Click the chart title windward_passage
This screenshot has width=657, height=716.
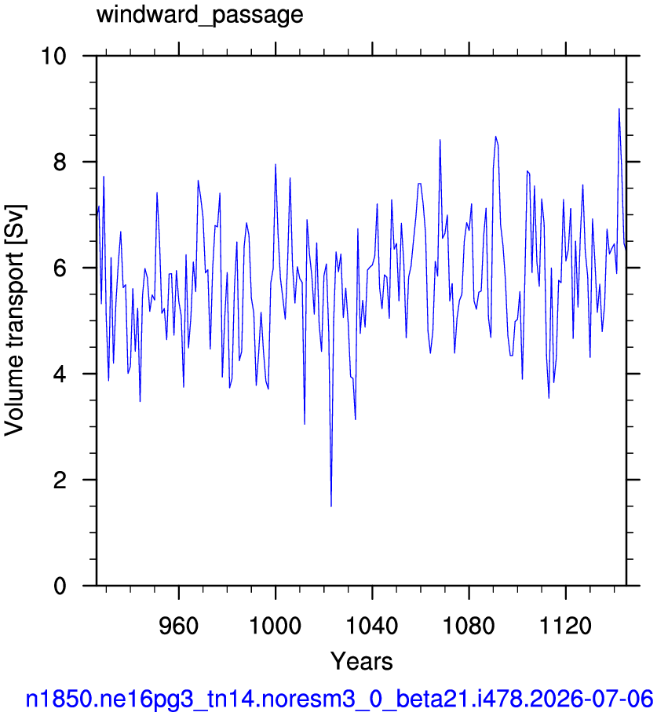(199, 15)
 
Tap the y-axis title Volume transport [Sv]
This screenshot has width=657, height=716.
(14, 320)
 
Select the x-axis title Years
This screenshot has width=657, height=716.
(361, 661)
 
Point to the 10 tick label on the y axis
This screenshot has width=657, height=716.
(53, 57)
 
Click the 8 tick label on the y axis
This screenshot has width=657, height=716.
(60, 162)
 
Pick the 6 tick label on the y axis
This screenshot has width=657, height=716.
(60, 268)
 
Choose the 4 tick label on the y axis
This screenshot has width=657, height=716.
(60, 374)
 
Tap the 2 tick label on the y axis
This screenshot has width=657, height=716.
(60, 480)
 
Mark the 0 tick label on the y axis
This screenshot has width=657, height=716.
(60, 586)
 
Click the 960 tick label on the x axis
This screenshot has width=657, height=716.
(178, 626)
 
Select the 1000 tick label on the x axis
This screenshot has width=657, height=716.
(276, 626)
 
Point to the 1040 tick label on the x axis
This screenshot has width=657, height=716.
(372, 626)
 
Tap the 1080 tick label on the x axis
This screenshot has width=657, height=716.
(469, 626)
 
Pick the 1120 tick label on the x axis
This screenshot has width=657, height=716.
(566, 626)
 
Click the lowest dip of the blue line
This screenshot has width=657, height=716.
(331, 506)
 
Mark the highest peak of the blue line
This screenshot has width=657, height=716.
(619, 108)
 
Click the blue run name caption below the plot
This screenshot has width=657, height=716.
(339, 699)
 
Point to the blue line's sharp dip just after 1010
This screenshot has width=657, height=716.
(305, 424)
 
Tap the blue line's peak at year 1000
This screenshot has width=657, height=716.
(276, 164)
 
